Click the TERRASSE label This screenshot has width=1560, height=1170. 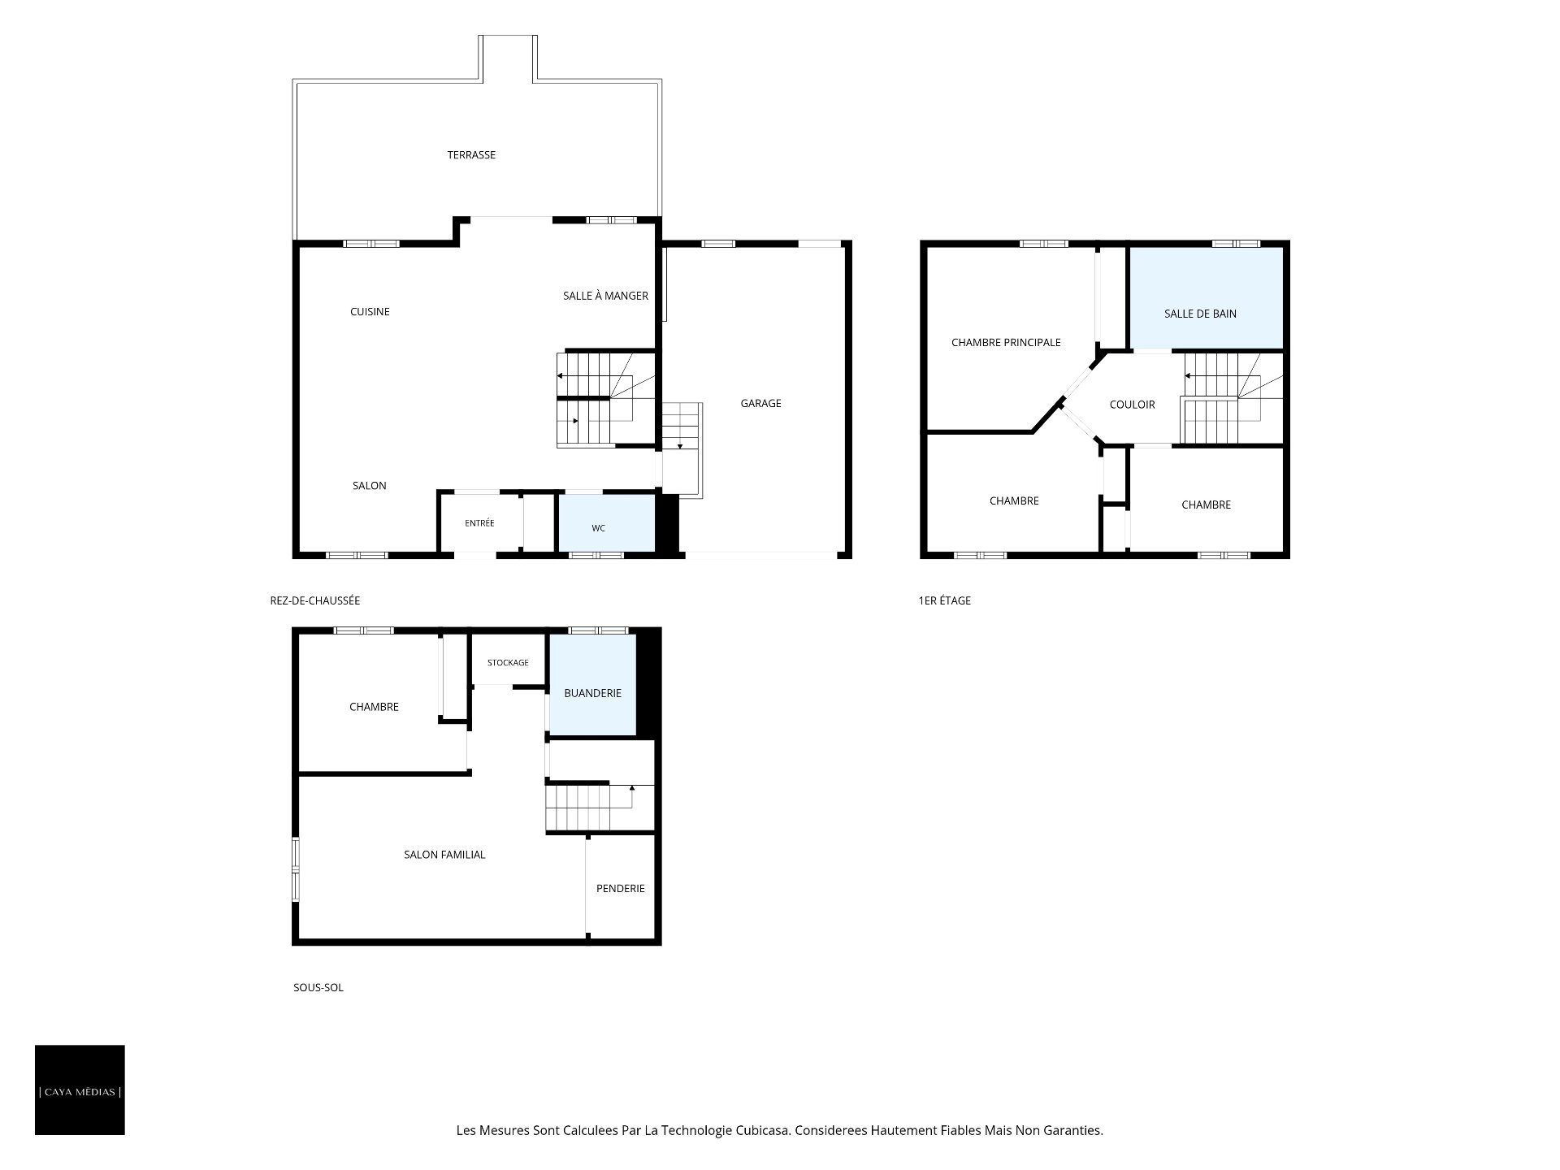(x=471, y=155)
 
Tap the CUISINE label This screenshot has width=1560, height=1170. (x=370, y=312)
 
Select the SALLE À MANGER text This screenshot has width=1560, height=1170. (x=605, y=296)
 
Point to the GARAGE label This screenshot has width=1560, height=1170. (x=760, y=403)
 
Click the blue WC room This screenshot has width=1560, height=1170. (x=606, y=522)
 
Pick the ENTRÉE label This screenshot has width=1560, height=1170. (x=479, y=523)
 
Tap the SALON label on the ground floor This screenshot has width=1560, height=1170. (x=370, y=486)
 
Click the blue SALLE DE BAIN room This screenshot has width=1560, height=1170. (x=1206, y=297)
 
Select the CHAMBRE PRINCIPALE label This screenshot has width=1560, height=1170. (x=1006, y=343)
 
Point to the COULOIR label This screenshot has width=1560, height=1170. (x=1132, y=405)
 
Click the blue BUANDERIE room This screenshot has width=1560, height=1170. (x=592, y=685)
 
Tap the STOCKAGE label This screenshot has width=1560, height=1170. (x=508, y=663)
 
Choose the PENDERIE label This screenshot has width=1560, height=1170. (x=621, y=889)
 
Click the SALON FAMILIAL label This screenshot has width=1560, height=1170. (x=444, y=855)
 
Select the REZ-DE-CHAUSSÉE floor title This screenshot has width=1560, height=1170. (x=315, y=601)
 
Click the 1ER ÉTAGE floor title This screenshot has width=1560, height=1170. (x=944, y=601)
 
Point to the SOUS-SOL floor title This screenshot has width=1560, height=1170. (x=318, y=988)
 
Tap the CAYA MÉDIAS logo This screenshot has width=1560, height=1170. (x=80, y=1090)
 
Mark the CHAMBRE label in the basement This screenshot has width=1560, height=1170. (x=374, y=707)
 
